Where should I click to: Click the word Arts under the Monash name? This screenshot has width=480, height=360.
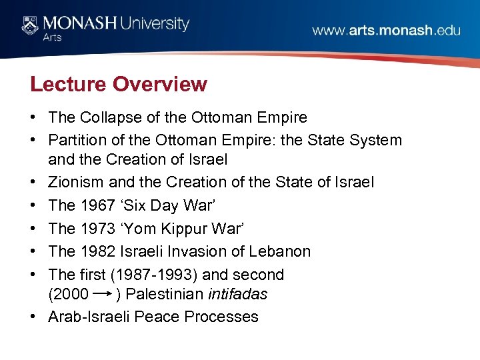click(x=52, y=38)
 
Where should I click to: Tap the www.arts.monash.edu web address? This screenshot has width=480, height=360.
click(x=386, y=31)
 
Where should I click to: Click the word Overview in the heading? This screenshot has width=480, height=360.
click(x=160, y=85)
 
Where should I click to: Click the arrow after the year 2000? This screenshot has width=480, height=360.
click(x=102, y=293)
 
